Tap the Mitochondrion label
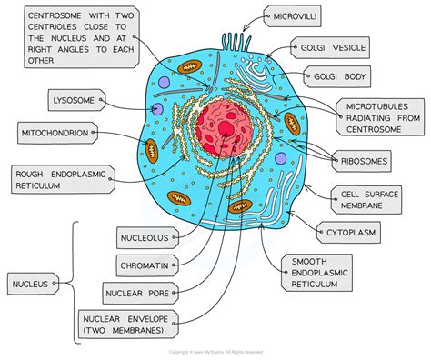pyautogui.click(x=55, y=134)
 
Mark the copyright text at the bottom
pyautogui.click(x=215, y=352)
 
